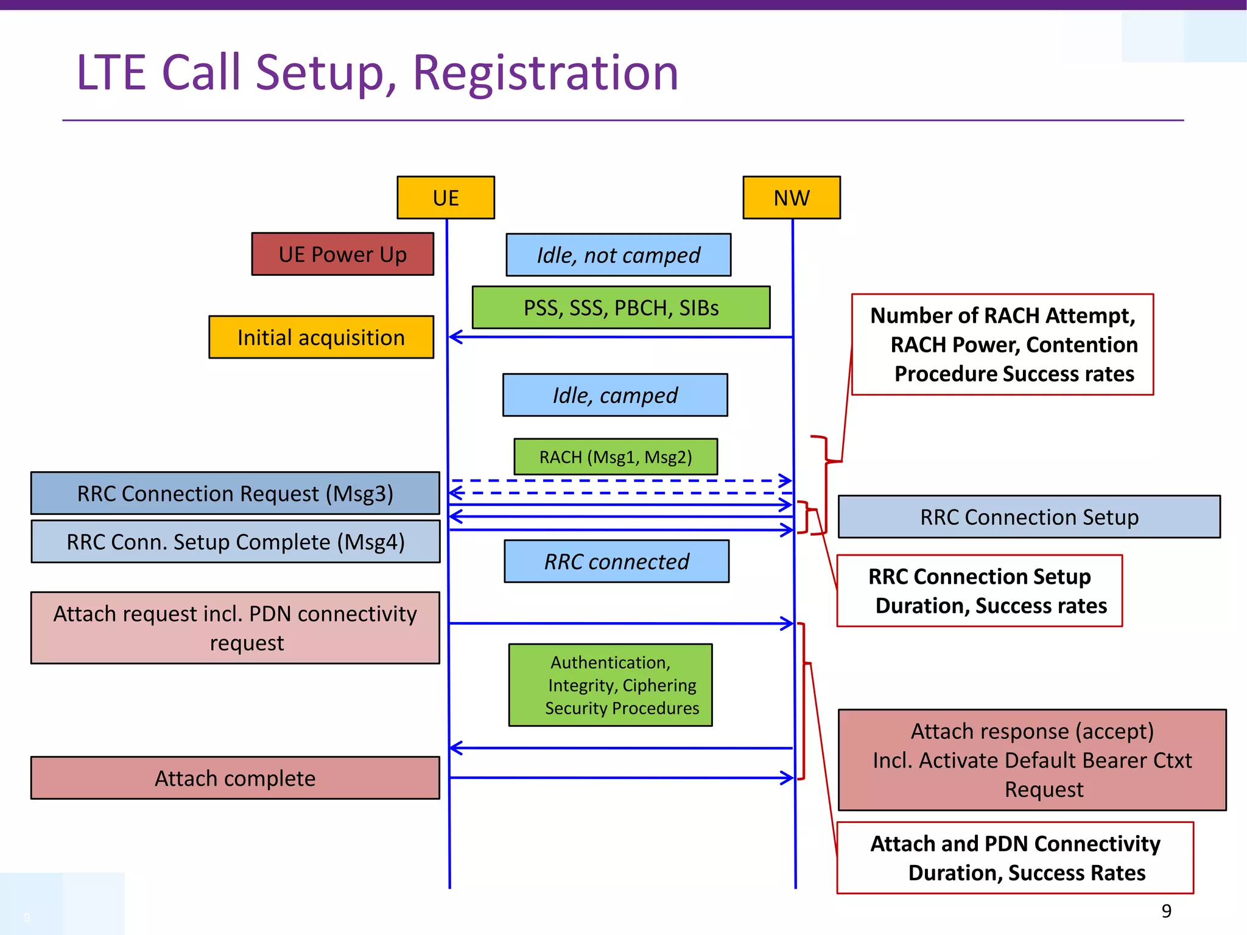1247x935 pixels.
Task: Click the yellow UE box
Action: click(x=446, y=198)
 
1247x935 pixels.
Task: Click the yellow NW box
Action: click(x=792, y=198)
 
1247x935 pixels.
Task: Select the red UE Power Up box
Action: click(x=343, y=254)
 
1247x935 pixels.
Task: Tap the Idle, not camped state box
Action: click(x=618, y=255)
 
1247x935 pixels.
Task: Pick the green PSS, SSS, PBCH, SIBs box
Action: click(x=621, y=307)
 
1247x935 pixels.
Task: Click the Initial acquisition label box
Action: click(x=321, y=337)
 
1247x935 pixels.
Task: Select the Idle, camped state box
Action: click(x=615, y=395)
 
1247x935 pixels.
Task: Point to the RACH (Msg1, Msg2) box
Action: click(x=616, y=457)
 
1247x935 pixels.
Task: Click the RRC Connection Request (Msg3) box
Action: click(x=235, y=493)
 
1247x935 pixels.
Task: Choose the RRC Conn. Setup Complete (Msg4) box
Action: click(x=235, y=541)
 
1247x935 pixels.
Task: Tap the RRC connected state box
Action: click(x=616, y=561)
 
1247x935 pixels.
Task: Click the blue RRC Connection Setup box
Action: click(x=1029, y=517)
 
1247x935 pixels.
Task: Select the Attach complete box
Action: click(x=235, y=778)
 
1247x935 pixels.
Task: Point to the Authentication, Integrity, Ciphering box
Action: click(x=610, y=685)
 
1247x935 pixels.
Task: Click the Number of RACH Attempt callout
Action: click(x=1002, y=345)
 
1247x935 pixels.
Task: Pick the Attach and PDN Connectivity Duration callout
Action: click(x=1015, y=858)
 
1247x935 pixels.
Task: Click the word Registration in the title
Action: click(x=545, y=72)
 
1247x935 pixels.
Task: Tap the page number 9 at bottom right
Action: click(x=1166, y=911)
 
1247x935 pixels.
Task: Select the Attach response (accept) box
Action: click(x=1032, y=760)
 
